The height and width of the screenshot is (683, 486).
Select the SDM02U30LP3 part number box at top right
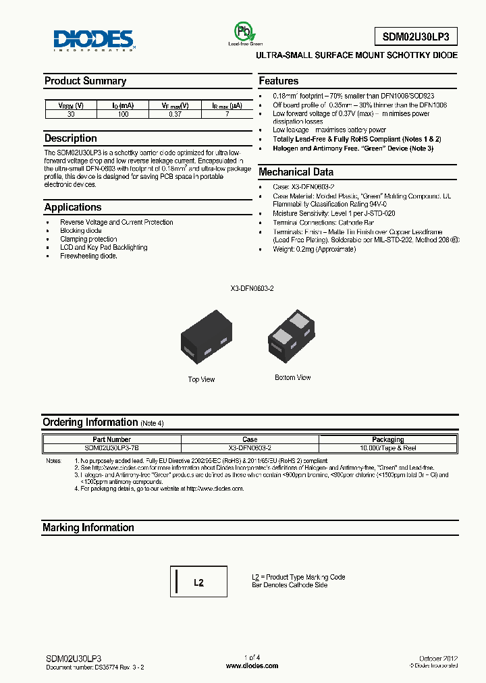click(x=416, y=36)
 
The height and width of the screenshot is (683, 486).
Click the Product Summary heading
click(x=85, y=81)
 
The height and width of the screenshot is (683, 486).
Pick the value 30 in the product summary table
click(x=71, y=115)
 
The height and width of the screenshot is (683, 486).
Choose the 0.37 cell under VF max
click(x=175, y=115)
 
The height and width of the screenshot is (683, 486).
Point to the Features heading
click(x=279, y=81)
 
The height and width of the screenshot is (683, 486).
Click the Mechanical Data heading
click(x=296, y=172)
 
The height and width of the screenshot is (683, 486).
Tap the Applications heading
click(x=73, y=207)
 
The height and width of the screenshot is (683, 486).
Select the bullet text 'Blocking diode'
click(x=81, y=231)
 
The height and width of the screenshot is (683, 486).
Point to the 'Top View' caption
click(x=201, y=379)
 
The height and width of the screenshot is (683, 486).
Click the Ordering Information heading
click(x=90, y=422)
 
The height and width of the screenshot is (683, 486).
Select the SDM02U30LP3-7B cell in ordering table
click(x=112, y=447)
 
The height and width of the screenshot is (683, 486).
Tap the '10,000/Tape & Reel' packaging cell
click(x=387, y=447)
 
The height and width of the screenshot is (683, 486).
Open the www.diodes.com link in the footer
click(x=251, y=665)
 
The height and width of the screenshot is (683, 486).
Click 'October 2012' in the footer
click(x=439, y=657)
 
